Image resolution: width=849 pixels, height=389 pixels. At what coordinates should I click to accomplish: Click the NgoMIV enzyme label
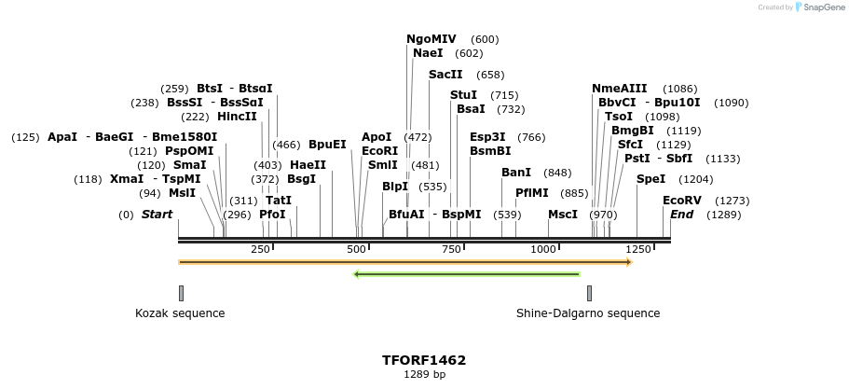pos(431,39)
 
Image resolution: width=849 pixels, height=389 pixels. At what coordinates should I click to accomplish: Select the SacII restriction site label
pos(445,75)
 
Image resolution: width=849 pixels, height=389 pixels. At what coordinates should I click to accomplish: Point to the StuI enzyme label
pos(463,95)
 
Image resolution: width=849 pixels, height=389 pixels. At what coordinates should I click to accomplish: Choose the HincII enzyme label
pos(237,117)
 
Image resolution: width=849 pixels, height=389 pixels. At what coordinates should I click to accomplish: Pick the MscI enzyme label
pos(563,215)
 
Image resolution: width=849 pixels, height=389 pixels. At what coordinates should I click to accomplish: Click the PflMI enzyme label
pos(532,193)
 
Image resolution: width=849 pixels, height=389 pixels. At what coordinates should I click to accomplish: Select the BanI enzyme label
pos(516,173)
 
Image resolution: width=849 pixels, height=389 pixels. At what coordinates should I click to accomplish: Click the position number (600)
pos(485,39)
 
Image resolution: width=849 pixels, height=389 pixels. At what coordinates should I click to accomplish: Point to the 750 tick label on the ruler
pos(452,250)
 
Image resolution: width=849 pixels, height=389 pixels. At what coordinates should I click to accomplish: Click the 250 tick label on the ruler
pos(260,250)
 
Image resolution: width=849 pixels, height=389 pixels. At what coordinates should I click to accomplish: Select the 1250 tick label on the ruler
pos(638,250)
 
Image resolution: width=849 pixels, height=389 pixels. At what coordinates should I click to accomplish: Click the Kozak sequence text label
pos(180,313)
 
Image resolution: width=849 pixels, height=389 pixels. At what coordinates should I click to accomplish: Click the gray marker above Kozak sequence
pos(181,293)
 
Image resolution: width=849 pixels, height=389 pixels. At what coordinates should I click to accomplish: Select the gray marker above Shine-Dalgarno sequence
pos(589,293)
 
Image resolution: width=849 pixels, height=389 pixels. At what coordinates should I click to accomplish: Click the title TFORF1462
pos(424,360)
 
